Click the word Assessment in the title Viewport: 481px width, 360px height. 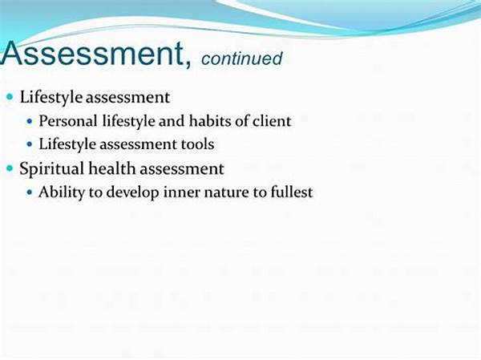(x=92, y=53)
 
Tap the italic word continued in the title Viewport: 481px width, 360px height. (x=242, y=59)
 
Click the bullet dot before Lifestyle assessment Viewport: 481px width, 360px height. (x=10, y=97)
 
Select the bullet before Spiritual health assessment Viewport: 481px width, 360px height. (x=10, y=168)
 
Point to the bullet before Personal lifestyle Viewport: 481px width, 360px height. (x=30, y=121)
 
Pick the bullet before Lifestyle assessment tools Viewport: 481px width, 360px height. (x=30, y=144)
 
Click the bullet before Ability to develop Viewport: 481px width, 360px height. (x=30, y=192)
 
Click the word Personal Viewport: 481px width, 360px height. (x=68, y=121)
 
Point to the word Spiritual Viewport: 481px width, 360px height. (x=51, y=169)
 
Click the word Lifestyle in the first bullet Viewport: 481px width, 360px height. (x=51, y=97)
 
